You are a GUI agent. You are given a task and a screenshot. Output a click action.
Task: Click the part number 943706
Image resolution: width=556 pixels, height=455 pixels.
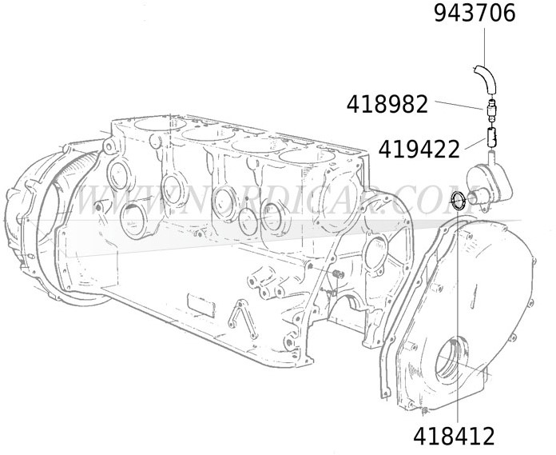tap(475, 14)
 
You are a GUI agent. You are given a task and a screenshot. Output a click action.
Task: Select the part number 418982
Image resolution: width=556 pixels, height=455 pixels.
tap(387, 105)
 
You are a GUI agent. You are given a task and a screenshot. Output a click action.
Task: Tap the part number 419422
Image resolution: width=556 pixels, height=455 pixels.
tap(419, 150)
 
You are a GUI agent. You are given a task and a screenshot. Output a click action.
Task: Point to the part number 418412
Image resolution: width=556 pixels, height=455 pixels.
tap(454, 436)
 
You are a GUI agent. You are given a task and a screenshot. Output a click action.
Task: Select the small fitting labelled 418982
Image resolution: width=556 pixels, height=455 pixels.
tap(490, 110)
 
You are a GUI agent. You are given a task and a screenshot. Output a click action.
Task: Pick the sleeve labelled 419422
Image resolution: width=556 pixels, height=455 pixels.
tap(491, 138)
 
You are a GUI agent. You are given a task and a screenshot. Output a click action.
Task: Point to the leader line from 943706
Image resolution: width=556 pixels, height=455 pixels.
tap(484, 46)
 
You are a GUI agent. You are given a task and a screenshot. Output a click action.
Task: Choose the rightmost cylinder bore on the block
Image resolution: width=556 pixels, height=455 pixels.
tap(307, 156)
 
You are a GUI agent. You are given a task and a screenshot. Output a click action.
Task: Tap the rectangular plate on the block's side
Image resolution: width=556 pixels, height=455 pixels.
tap(201, 305)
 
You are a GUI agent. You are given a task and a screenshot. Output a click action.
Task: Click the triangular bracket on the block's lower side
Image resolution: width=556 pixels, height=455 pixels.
tap(243, 319)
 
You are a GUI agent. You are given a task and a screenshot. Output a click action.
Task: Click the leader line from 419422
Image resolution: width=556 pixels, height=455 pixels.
tap(475, 144)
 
